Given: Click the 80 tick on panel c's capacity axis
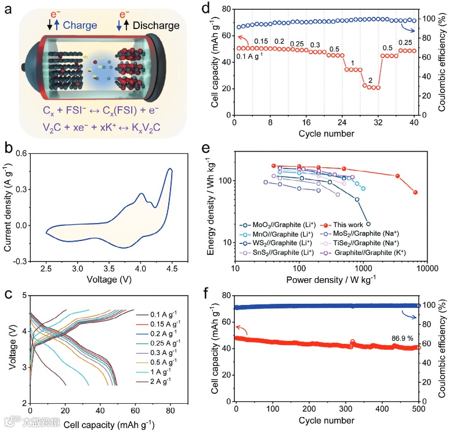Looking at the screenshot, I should (x=169, y=411).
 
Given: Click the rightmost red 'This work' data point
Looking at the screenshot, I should (x=415, y=192).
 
